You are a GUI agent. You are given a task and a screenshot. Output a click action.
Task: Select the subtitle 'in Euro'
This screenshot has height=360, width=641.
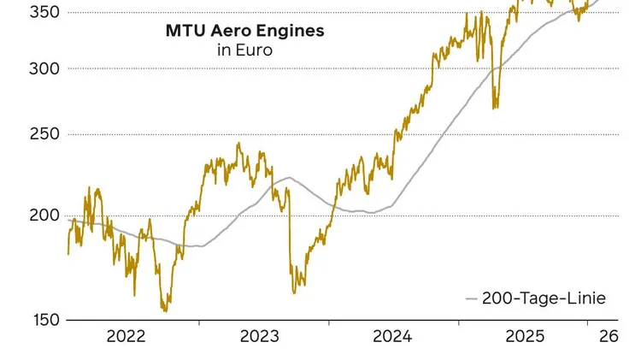click(244, 50)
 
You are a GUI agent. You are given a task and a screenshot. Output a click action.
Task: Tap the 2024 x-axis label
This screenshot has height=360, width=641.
click(393, 337)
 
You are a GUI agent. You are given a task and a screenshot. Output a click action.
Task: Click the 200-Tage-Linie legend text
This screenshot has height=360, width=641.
click(544, 298)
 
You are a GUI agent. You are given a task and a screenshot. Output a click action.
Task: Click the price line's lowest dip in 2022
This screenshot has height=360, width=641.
click(165, 310)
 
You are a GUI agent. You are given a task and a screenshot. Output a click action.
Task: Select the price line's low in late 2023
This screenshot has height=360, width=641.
click(294, 292)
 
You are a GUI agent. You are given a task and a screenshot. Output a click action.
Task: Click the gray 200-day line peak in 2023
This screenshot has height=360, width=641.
click(290, 178)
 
